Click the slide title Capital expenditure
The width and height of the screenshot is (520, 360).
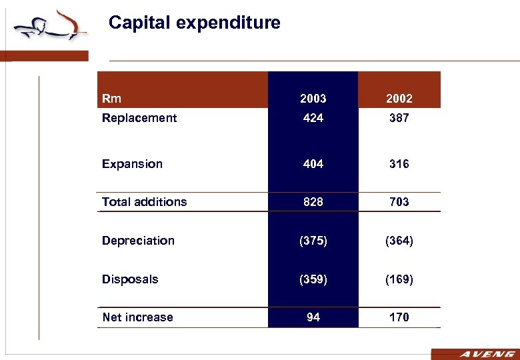tap(194, 23)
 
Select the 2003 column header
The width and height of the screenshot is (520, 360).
tap(313, 99)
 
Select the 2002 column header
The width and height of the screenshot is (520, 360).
tap(399, 99)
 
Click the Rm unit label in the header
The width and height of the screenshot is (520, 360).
tap(111, 99)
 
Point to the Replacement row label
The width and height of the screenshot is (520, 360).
tap(139, 118)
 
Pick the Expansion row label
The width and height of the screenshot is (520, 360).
tap(132, 164)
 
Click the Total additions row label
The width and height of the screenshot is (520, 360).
tap(144, 202)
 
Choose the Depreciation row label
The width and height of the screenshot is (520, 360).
tap(138, 241)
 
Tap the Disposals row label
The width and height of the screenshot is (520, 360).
tap(130, 279)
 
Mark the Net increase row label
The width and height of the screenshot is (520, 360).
tap(137, 317)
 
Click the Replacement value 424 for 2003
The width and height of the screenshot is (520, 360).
tap(313, 118)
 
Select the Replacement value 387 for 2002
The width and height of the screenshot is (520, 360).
tap(399, 118)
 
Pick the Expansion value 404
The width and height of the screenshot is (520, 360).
tap(313, 164)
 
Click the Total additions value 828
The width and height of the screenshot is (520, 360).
tap(313, 202)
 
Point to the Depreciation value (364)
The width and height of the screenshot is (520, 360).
tap(399, 241)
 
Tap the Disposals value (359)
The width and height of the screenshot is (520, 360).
tap(313, 279)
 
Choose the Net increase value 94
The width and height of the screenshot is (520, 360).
tap(313, 317)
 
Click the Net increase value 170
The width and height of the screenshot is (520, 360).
tap(399, 317)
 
